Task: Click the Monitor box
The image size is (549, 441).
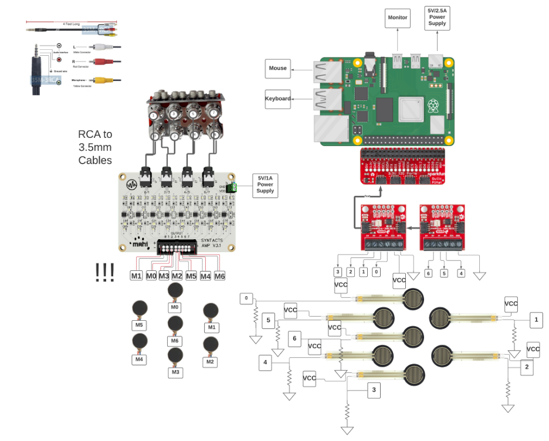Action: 398,18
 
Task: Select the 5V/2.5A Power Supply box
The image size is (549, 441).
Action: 437,18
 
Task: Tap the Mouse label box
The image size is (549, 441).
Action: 278,69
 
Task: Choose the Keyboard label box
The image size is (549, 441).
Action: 278,99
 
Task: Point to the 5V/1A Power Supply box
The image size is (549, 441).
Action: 265,184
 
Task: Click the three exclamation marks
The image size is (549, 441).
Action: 104,273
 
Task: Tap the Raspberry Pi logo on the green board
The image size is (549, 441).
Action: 433,106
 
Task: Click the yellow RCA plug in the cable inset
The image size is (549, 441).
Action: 101,80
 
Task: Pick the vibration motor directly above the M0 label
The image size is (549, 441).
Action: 175,290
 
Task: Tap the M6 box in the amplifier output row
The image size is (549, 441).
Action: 219,276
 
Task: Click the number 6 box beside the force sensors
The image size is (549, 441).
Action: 296,338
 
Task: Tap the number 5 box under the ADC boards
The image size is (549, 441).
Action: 444,273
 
